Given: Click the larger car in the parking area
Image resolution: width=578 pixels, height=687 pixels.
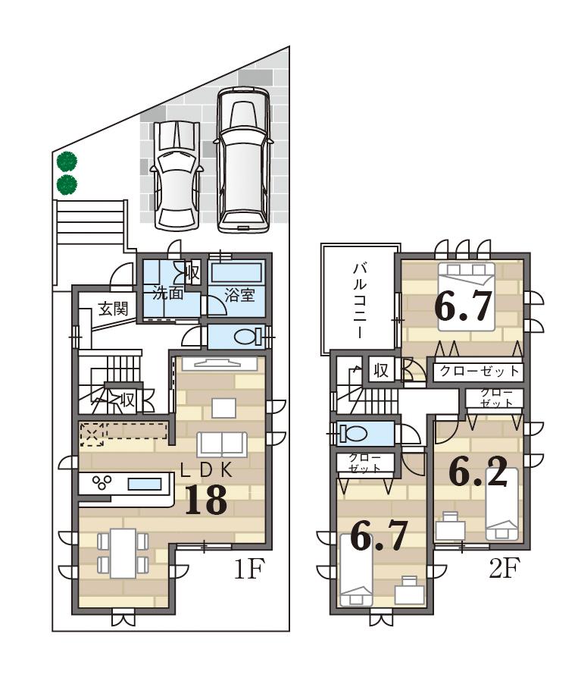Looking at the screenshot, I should coord(242,161).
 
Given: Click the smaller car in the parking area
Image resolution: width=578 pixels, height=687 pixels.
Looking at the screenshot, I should coord(176,174).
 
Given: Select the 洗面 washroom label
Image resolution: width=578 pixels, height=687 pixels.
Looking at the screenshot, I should coord(167,293).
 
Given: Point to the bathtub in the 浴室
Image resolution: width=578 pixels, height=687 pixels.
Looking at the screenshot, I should coord(236,272).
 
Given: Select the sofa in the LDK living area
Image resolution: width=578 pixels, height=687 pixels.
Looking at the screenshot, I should coord(221,444).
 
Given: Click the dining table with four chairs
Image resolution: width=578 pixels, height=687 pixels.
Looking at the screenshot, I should coord(121,553).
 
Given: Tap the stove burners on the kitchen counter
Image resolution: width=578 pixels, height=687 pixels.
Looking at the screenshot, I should coord(102,483).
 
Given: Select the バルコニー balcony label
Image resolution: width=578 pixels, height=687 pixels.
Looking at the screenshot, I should coord(360,300).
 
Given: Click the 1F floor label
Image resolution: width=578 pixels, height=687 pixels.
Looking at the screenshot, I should coord(247,569).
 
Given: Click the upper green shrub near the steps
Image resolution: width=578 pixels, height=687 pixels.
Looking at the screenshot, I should coord(67,161).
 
